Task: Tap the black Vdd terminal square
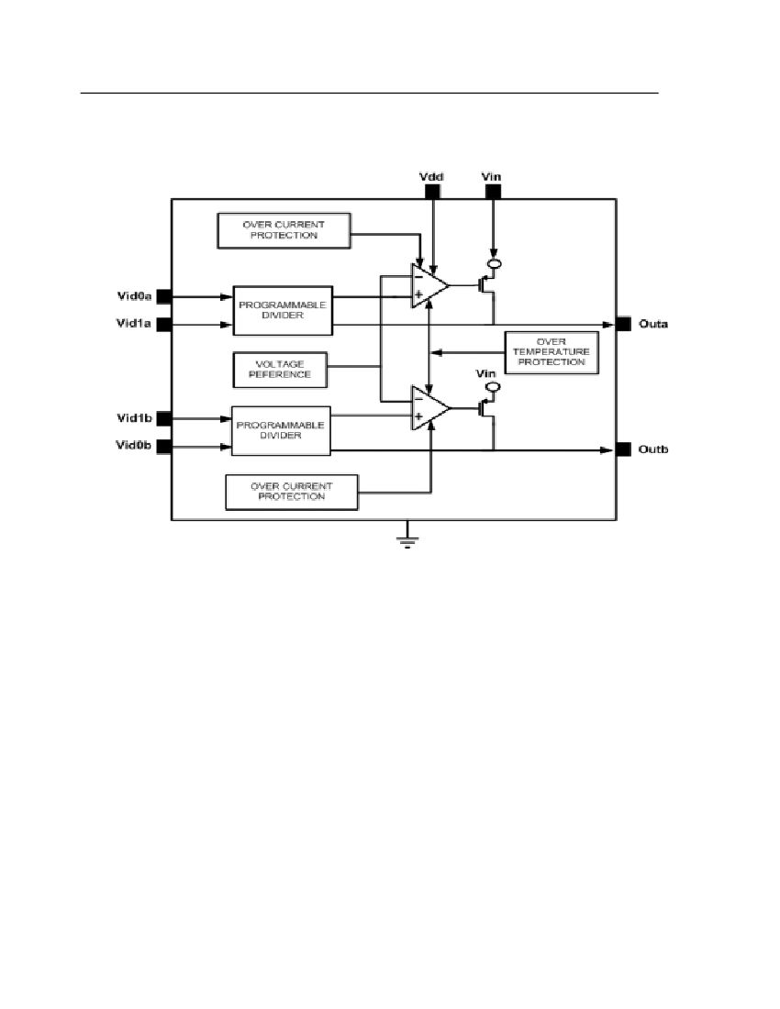(431, 192)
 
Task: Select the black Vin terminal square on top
(493, 192)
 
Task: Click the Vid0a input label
(133, 295)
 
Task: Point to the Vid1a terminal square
(164, 324)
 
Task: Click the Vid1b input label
(133, 418)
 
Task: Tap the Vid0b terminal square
(164, 448)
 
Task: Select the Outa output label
(652, 324)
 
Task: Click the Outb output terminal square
(623, 449)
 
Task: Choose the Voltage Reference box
(281, 369)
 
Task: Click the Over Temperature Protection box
(552, 351)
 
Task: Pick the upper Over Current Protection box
(284, 229)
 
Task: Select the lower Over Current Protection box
(291, 491)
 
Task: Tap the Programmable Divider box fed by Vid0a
(282, 310)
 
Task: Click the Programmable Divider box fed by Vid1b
(281, 431)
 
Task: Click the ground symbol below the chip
(407, 539)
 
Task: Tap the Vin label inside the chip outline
(487, 373)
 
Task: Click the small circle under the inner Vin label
(493, 388)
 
